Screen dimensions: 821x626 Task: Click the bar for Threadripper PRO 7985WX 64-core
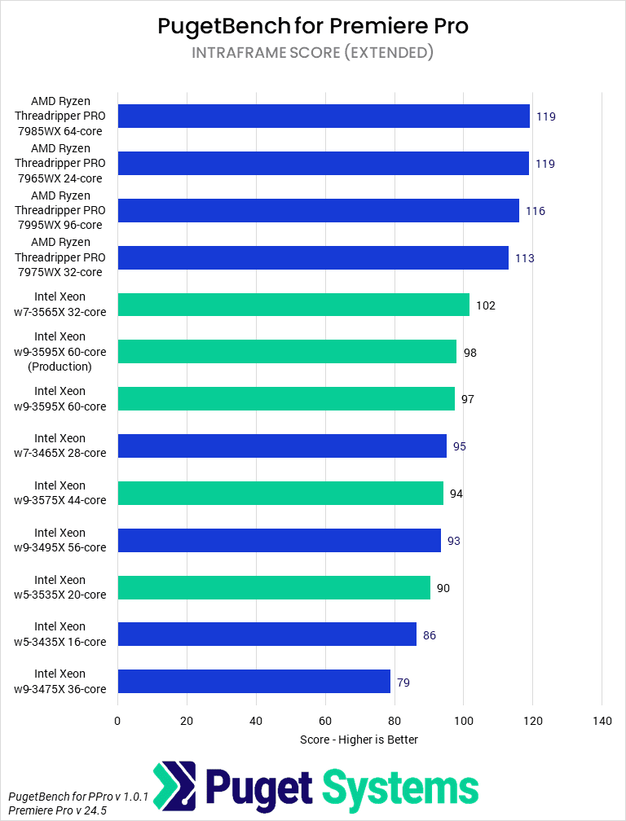coord(324,116)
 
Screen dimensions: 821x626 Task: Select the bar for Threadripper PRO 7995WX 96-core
coord(318,211)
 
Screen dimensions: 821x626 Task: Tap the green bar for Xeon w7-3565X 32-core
coord(293,305)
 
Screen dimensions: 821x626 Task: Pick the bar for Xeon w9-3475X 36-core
coord(253,682)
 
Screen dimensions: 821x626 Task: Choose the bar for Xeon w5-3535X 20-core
coord(274,587)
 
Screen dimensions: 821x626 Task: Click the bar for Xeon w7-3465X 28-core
coord(282,446)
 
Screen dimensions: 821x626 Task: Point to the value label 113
coord(524,258)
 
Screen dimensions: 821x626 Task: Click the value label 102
coord(486,305)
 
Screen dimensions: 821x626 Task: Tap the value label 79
coord(403,683)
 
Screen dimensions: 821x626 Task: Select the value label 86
coord(430,635)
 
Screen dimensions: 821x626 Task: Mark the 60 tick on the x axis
coord(325,721)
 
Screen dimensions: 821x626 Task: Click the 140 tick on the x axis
coord(602,721)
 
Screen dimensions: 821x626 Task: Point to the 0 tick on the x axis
coord(117,721)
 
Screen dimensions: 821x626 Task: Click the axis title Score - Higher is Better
coord(359,740)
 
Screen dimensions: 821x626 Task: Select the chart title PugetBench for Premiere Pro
coord(313,26)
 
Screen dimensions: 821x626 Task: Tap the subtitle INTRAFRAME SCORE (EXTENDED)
coord(313,53)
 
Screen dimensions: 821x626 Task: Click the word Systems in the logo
coord(399,788)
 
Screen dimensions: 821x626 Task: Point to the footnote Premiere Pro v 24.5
coord(57,810)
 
